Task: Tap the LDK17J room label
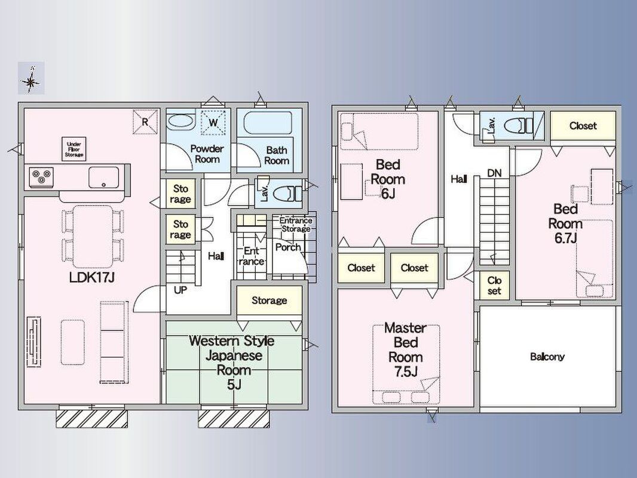[x=92, y=278]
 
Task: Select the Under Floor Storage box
[x=74, y=149]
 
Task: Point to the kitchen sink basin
[x=104, y=177]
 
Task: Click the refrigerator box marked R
[x=145, y=121]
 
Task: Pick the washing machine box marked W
[x=213, y=122]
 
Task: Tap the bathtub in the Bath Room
[x=268, y=123]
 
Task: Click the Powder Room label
[x=207, y=154]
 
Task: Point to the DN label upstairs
[x=494, y=173]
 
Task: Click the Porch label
[x=288, y=247]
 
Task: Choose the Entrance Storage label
[x=296, y=225]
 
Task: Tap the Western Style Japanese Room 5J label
[x=232, y=363]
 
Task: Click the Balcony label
[x=547, y=357]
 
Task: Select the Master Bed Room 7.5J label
[x=405, y=350]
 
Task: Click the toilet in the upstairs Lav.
[x=518, y=125]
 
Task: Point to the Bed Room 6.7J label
[x=565, y=223]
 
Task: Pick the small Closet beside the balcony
[x=494, y=286]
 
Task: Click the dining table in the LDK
[x=93, y=236]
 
